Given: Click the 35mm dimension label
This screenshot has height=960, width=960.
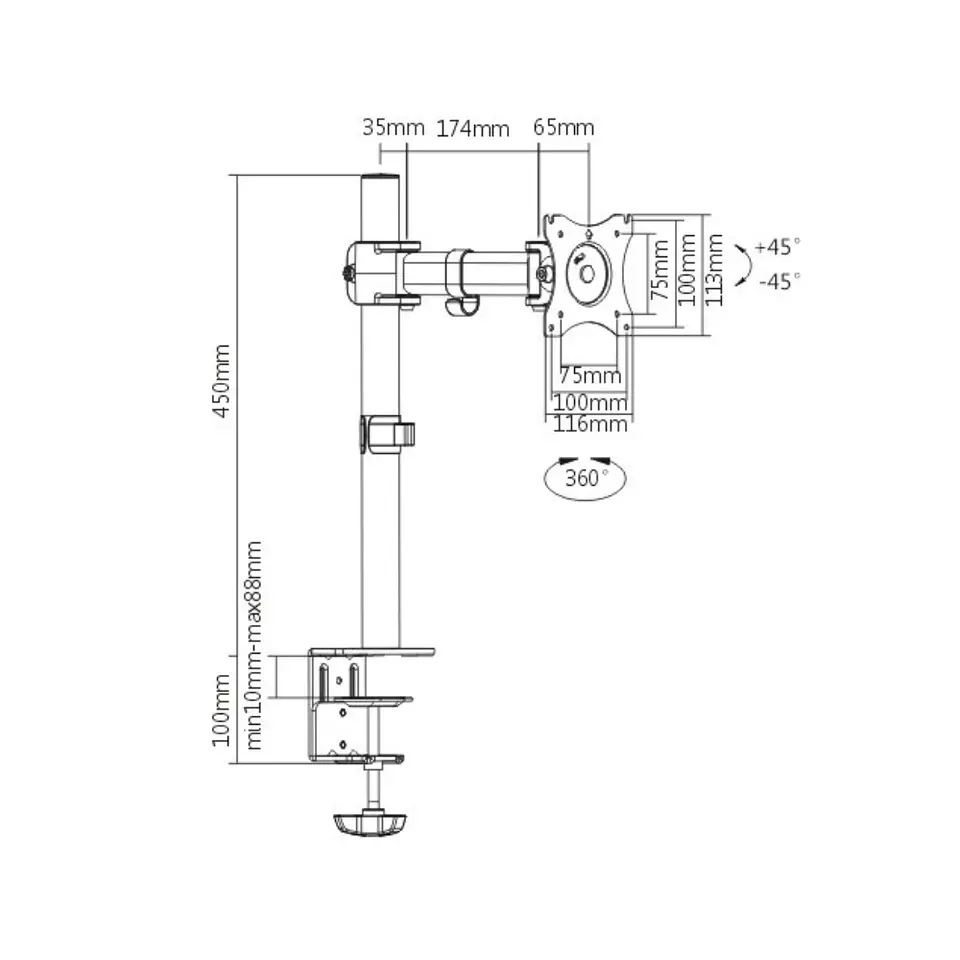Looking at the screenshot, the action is coord(393,127).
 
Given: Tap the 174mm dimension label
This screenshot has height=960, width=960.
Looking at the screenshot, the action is coord(473,129).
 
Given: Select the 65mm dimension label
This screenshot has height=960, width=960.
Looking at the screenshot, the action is coord(563,127).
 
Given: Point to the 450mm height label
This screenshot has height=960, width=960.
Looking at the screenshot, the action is coord(222,381).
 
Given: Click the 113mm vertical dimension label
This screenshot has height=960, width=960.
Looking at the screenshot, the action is coord(713,269).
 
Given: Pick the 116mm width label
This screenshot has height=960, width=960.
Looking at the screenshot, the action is coord(590,424).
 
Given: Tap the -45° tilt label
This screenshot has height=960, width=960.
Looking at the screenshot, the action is coord(779,281).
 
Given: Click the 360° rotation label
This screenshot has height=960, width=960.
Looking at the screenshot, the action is coord(587,478).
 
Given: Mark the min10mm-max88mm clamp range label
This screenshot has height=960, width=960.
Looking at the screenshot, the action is coord(253,645).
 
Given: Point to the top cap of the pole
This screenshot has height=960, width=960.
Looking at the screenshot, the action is coord(380,178).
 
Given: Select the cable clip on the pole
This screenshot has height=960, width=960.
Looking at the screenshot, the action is coord(387,435).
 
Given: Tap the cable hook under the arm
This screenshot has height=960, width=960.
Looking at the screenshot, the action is coord(461,306).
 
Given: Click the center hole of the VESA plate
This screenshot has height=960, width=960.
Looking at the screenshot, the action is coord(587,274).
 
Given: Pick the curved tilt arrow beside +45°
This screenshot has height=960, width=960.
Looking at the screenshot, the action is coord(746,264).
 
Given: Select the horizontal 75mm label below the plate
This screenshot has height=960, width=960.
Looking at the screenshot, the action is coord(590,375).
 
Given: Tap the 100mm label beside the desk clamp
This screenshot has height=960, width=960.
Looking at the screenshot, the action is coord(222,710).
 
